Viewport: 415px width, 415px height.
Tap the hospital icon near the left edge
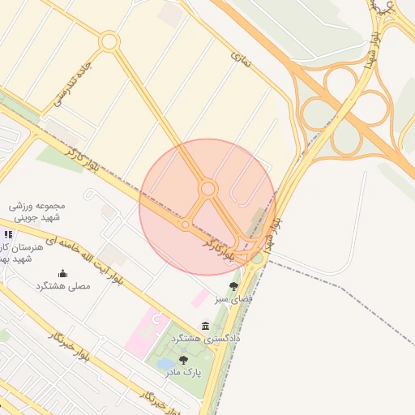click(x=9, y=234)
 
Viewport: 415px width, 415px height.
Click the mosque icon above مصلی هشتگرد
click(x=63, y=273)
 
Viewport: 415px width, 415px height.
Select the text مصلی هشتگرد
click(x=61, y=286)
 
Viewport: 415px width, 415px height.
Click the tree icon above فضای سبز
click(x=234, y=286)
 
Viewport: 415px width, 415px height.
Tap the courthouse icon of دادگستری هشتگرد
click(x=204, y=326)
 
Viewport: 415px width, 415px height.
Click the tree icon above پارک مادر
click(x=183, y=359)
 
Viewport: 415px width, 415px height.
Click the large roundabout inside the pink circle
click(x=208, y=189)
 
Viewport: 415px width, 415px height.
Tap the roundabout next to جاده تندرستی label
click(x=109, y=41)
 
